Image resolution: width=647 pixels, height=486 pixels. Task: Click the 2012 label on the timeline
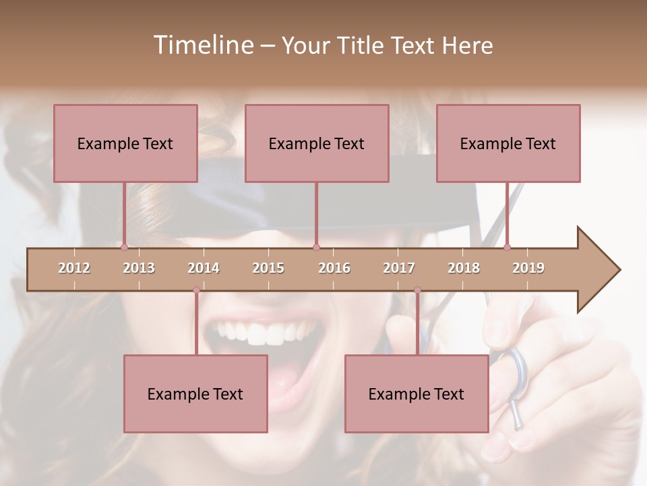74,268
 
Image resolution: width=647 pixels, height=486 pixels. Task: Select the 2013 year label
139,268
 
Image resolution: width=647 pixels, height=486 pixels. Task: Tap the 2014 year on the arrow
204,268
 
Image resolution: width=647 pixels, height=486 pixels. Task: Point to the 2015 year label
268,268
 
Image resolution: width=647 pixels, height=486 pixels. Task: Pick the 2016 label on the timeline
334,268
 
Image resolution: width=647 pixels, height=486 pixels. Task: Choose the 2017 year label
399,268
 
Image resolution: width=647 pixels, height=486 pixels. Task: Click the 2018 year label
464,268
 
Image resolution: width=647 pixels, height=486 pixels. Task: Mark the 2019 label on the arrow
528,268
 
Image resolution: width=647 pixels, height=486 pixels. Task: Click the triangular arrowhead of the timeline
597,270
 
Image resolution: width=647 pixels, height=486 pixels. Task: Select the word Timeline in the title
202,45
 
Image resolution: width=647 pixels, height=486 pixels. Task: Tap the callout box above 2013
125,143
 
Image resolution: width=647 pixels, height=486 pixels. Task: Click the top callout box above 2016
317,143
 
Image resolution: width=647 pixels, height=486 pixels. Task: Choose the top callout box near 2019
508,143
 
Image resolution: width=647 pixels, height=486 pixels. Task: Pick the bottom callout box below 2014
195,394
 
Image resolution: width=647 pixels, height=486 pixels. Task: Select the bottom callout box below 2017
417,394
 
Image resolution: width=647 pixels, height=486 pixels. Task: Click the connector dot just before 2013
124,248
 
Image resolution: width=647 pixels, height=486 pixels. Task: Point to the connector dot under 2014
196,290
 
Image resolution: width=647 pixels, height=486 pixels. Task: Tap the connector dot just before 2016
316,248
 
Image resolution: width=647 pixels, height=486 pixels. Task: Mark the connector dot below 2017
417,290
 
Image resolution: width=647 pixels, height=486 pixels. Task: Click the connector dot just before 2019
507,248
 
